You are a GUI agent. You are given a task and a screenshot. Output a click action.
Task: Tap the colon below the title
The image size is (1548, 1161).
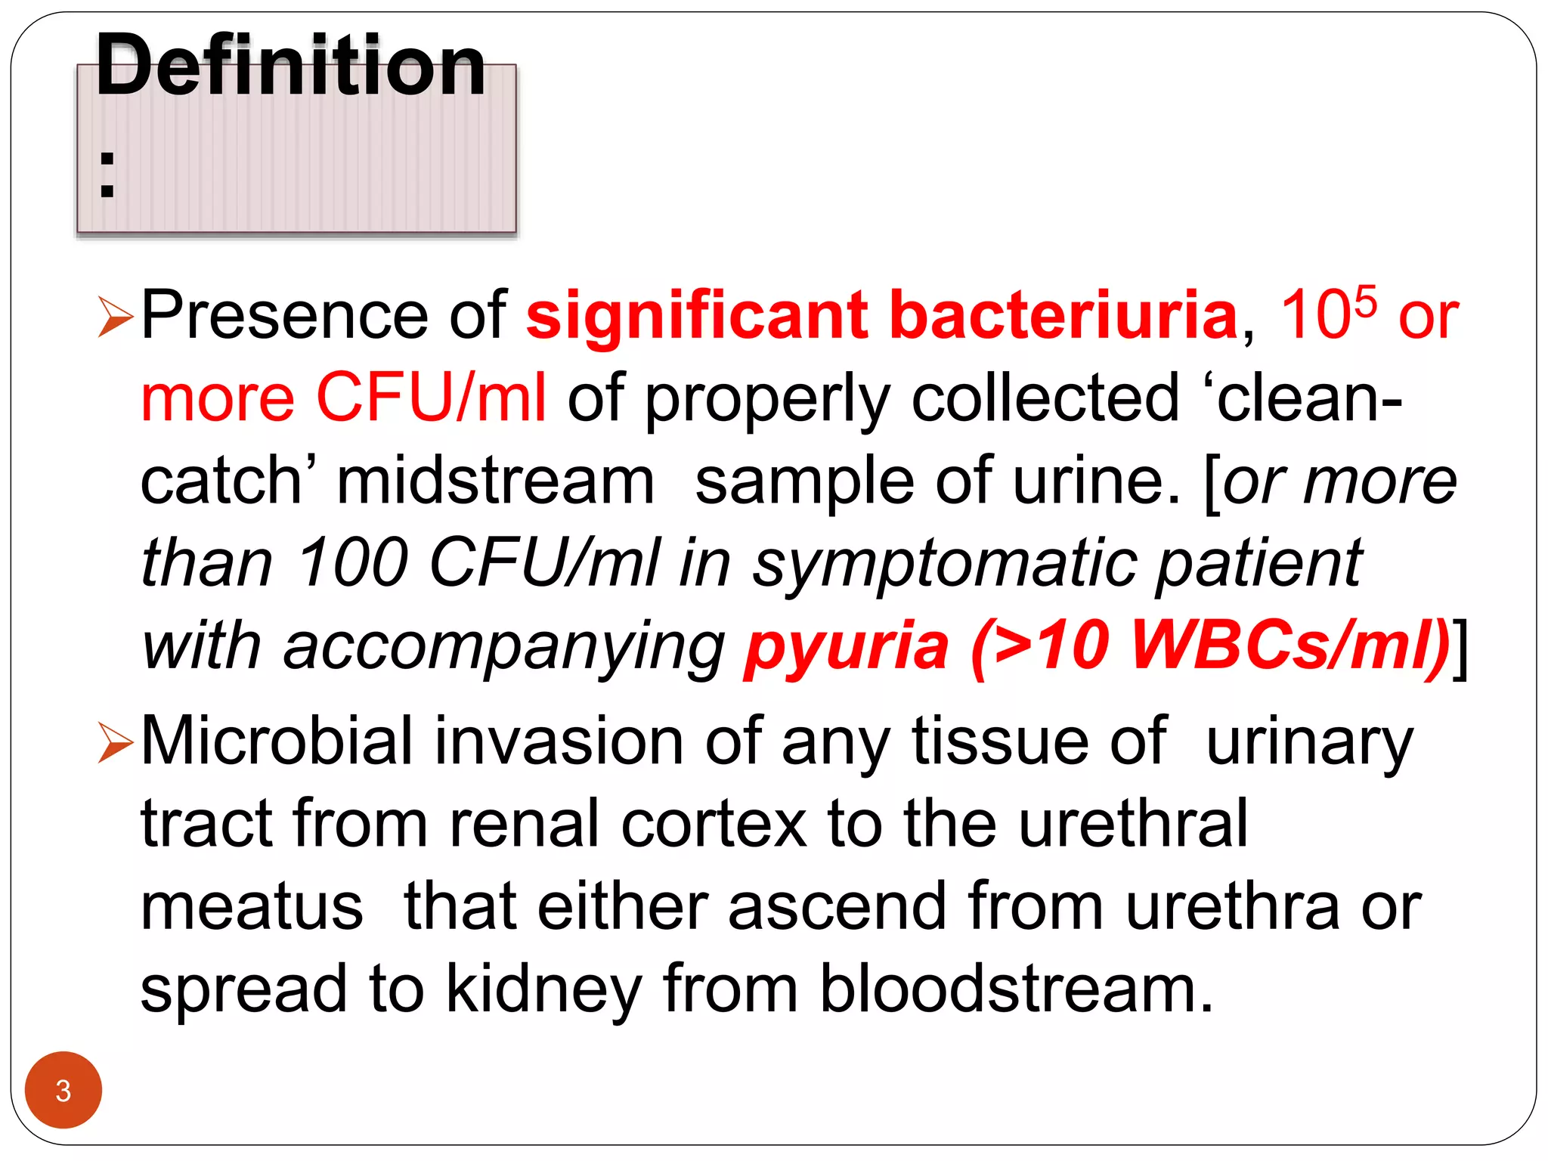point(107,175)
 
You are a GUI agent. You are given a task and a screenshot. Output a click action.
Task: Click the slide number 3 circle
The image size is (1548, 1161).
point(63,1090)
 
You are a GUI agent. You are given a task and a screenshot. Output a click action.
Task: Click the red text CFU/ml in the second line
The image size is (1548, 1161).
point(430,398)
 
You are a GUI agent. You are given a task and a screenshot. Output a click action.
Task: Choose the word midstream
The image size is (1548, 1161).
point(495,481)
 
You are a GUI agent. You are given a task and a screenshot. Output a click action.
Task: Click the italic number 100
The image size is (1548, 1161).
point(353,562)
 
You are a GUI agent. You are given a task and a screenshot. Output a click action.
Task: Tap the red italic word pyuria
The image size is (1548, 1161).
point(847,647)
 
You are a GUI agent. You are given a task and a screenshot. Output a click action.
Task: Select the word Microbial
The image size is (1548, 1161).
point(277,741)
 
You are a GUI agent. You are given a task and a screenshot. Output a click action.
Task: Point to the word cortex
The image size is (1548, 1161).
point(714,824)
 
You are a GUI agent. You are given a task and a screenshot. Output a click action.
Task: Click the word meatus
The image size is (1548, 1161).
point(252,906)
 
